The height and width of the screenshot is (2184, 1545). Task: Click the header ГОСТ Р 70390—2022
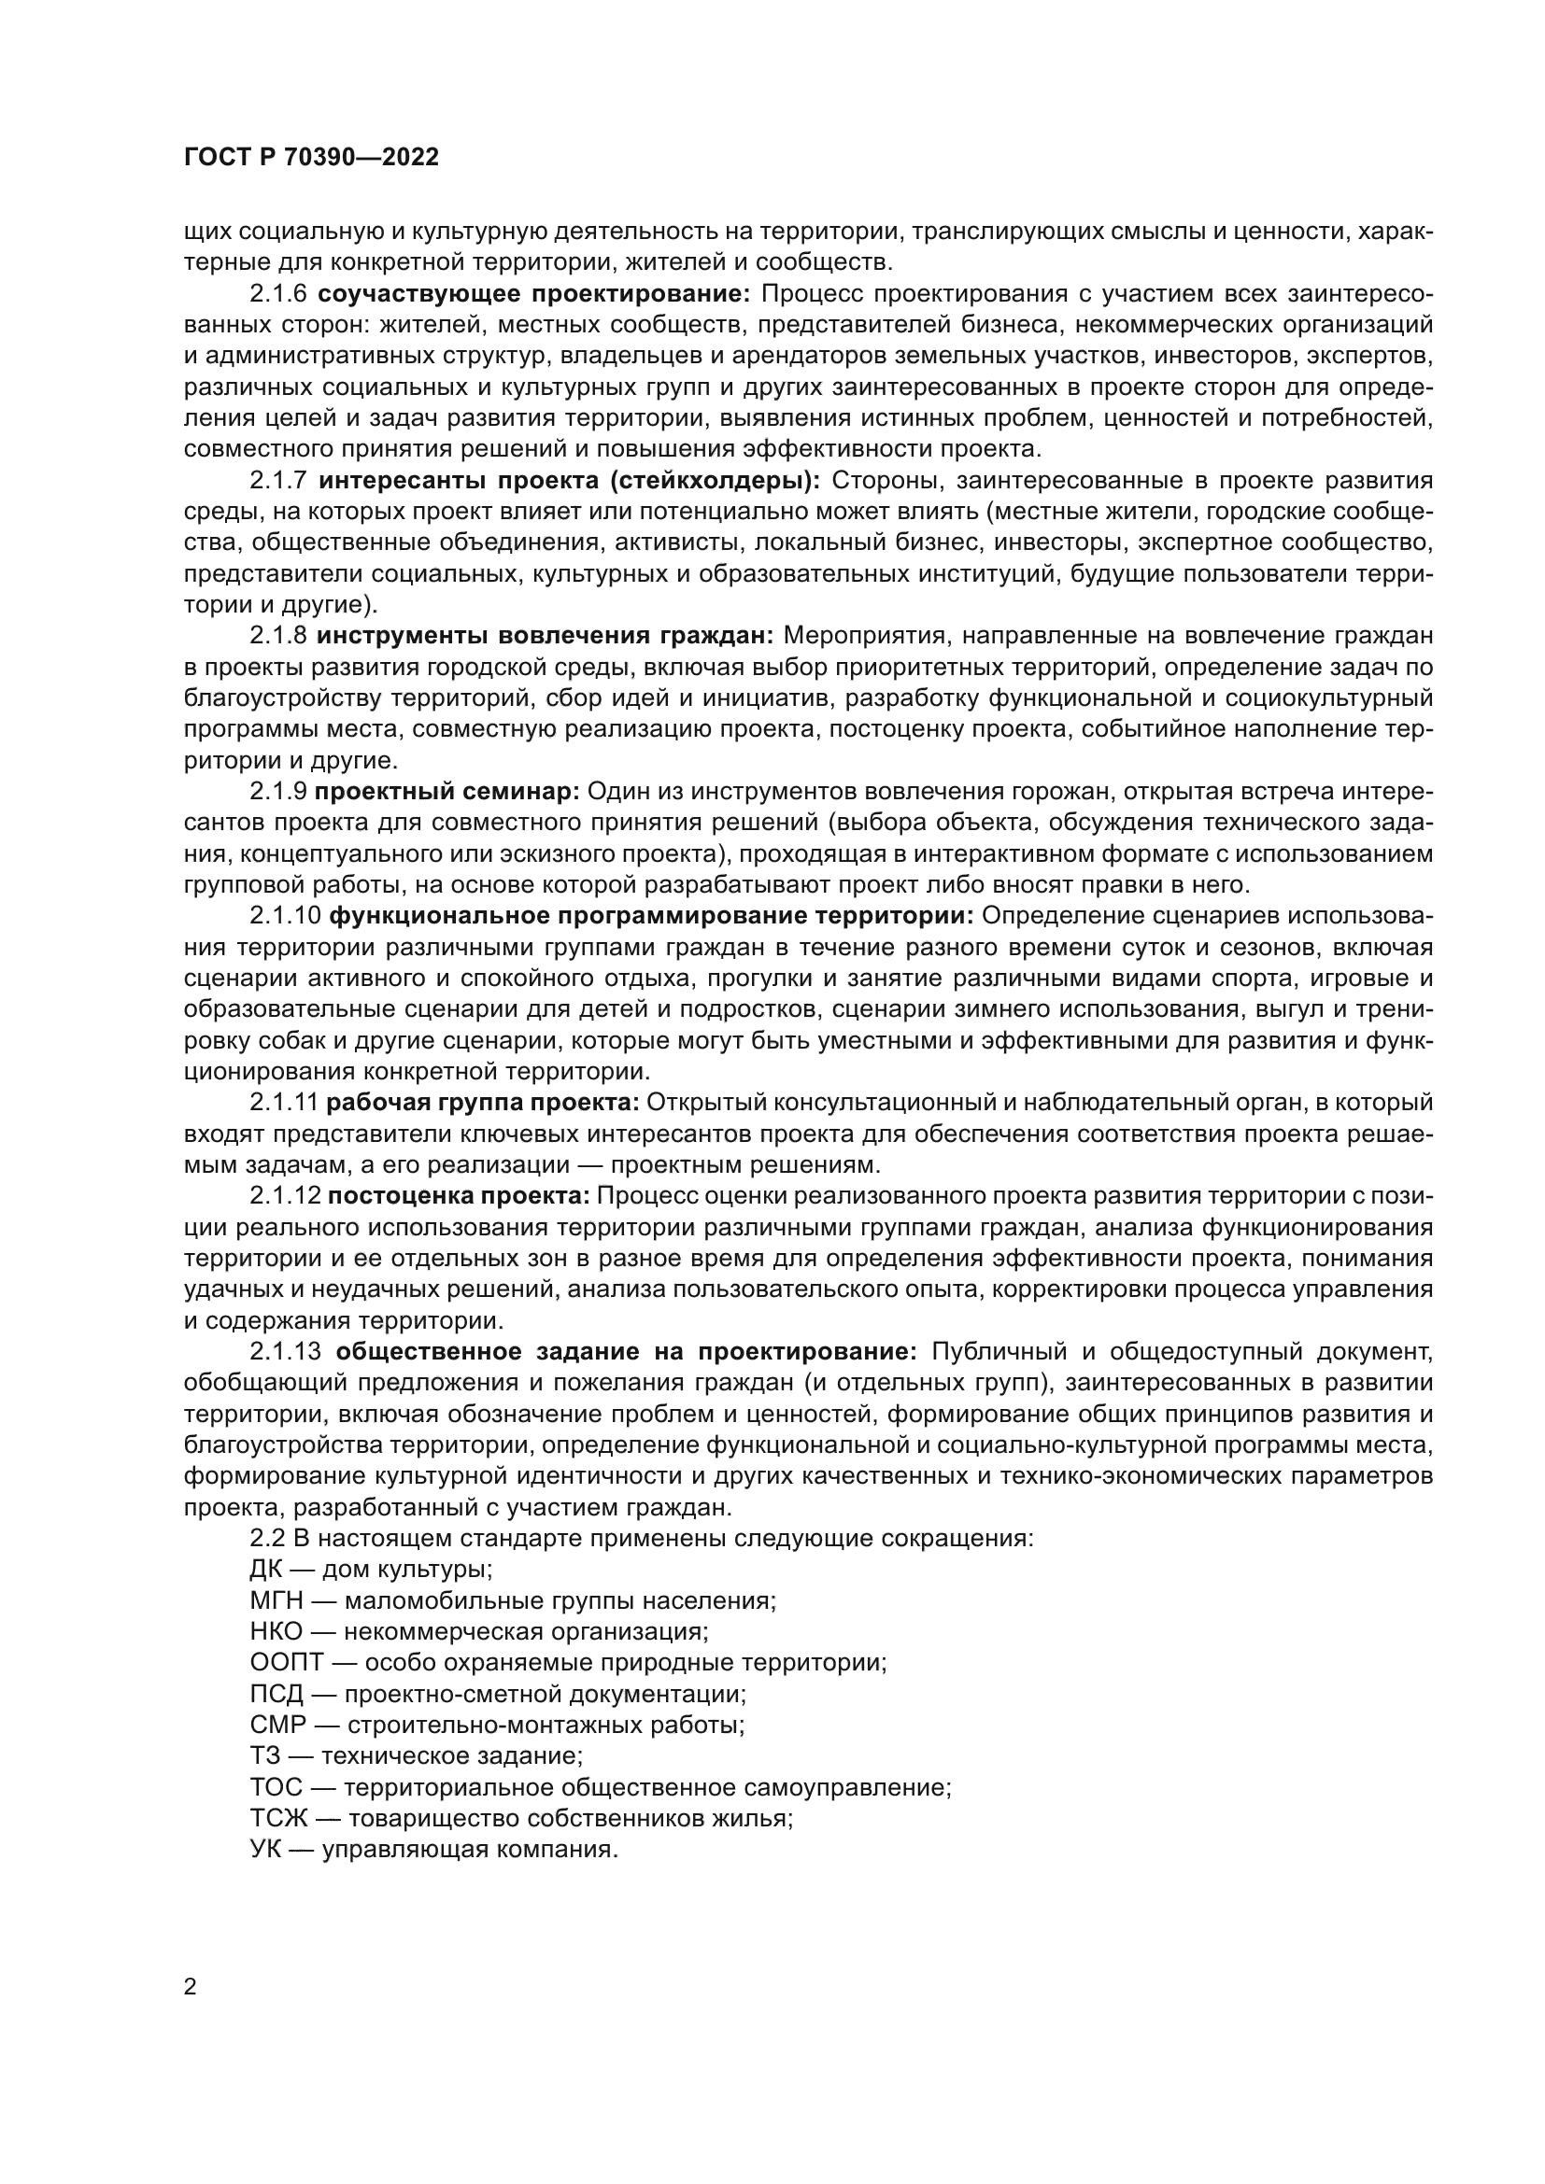click(311, 158)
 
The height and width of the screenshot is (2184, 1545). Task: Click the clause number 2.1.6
click(277, 294)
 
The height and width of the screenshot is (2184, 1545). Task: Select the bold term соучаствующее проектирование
click(533, 294)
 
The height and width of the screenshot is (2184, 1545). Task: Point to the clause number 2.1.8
click(277, 636)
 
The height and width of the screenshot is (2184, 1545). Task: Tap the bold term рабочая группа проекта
click(482, 1103)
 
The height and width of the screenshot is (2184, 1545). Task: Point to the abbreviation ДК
click(266, 1570)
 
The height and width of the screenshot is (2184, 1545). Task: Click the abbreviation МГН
click(274, 1601)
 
